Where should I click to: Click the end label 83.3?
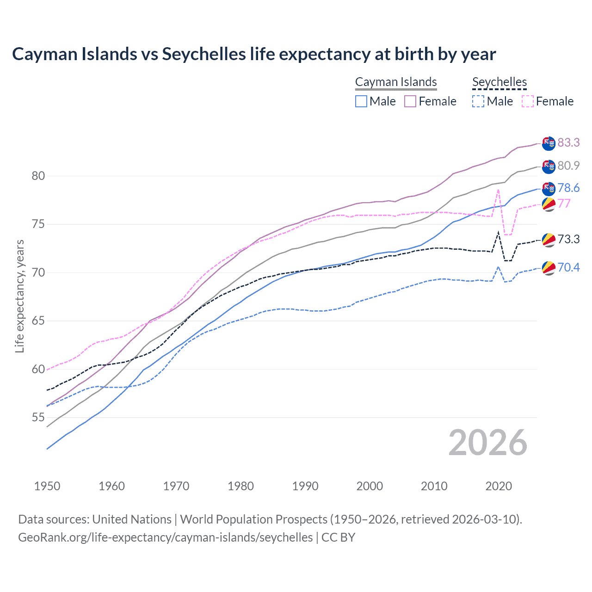[568, 142]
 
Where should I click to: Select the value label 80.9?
[568, 166]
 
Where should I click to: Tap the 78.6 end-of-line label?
[568, 188]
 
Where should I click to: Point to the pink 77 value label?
[564, 203]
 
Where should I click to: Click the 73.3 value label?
[568, 239]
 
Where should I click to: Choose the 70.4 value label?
[568, 267]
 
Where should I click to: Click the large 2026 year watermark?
[487, 443]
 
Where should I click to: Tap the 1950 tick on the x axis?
[47, 486]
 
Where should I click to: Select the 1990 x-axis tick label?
[305, 486]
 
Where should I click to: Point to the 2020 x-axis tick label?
[499, 486]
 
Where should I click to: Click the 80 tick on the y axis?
[38, 176]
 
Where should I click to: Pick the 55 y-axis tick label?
[38, 418]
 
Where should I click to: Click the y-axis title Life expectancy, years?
[19, 296]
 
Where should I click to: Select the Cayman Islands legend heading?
[396, 82]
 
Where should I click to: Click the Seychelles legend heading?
[499, 82]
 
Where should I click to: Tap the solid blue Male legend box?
[361, 101]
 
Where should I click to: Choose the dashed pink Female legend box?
[528, 101]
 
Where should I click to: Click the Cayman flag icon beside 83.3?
[549, 143]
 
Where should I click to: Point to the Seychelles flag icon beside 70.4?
[549, 268]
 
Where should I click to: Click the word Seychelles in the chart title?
[203, 54]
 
